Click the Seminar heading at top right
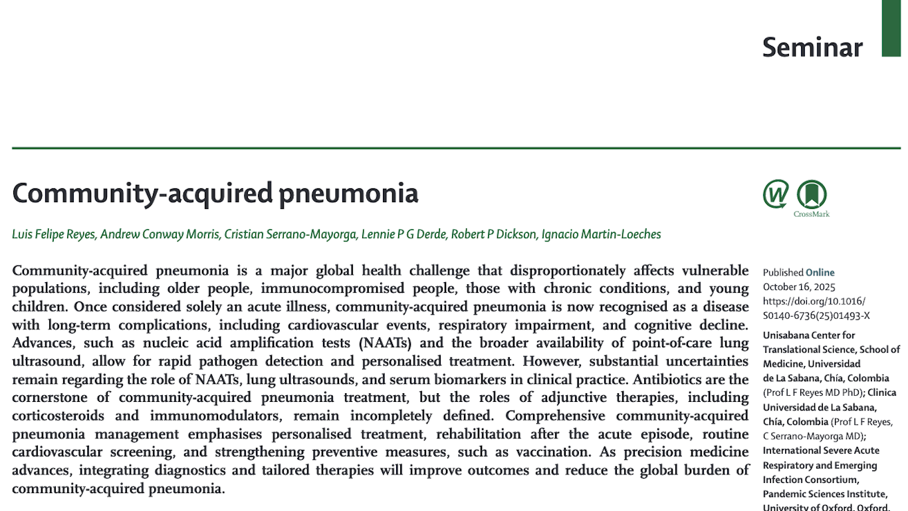pos(812,47)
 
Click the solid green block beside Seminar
pos(891,28)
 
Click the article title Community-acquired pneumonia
pos(215,193)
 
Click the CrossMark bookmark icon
pos(812,194)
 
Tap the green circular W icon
pos(776,194)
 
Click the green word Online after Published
pos(820,272)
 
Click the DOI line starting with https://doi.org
pos(814,301)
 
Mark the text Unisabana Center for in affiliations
pos(809,335)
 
